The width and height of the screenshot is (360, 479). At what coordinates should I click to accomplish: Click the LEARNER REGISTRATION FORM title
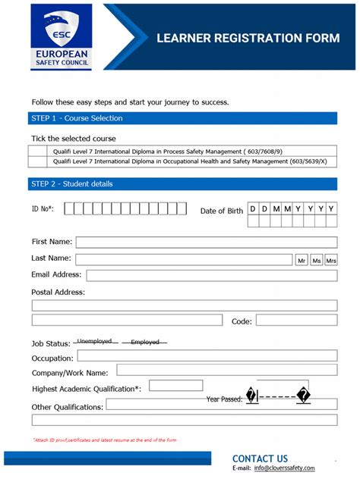(x=248, y=38)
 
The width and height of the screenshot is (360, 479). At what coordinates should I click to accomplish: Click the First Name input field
(x=206, y=242)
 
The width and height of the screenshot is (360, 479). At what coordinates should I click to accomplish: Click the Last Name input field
(x=184, y=259)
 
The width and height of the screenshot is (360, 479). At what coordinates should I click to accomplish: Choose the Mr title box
(x=302, y=260)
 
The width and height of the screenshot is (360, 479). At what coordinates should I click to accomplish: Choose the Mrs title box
(x=331, y=260)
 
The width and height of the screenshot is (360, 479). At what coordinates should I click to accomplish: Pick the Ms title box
(x=317, y=260)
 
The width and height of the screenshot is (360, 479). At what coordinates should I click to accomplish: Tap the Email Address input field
(x=211, y=275)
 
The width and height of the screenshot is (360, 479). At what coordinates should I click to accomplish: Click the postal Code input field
(x=296, y=321)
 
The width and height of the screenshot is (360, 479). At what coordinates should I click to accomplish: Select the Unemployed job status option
(x=95, y=342)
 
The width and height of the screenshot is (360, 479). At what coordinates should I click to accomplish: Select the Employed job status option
(x=145, y=343)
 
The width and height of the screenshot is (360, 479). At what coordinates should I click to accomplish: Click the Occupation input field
(x=207, y=356)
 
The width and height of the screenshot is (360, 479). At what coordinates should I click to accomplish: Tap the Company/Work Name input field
(x=226, y=371)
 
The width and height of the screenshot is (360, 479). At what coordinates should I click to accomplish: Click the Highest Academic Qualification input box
(x=175, y=386)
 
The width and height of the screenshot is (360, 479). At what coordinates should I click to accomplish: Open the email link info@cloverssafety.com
(x=295, y=468)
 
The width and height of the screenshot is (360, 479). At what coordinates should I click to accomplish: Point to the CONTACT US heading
(x=260, y=458)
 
